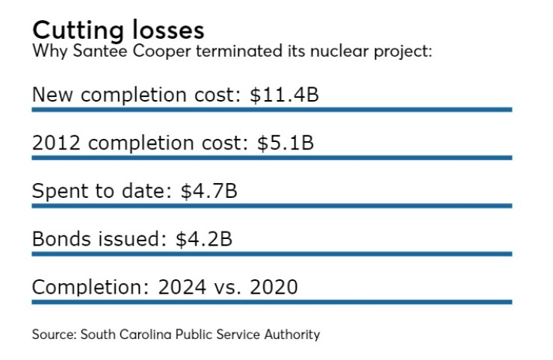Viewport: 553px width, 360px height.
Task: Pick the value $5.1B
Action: point(285,143)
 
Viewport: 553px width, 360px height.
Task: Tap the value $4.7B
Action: point(209,191)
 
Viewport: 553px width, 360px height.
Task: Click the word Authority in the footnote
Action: point(294,334)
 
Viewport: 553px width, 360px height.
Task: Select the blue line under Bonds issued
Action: point(271,254)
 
